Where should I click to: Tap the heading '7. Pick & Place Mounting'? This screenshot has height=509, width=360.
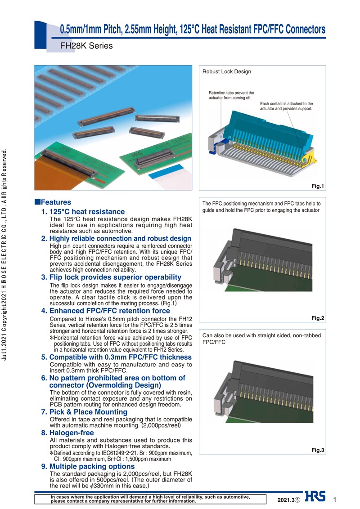click(x=84, y=412)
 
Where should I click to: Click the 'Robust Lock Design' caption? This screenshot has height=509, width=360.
click(x=227, y=71)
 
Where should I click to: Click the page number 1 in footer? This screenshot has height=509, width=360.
click(x=334, y=499)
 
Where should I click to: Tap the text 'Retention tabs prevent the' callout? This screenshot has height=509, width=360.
click(x=231, y=93)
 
